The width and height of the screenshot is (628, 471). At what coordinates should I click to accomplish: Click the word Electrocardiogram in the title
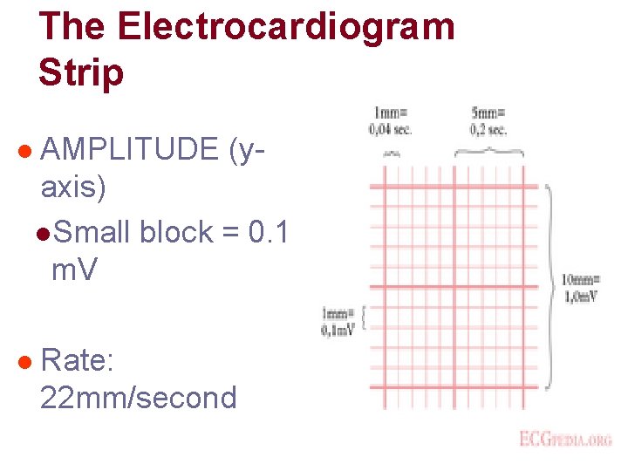click(x=286, y=26)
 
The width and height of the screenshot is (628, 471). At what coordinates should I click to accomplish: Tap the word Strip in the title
click(x=81, y=72)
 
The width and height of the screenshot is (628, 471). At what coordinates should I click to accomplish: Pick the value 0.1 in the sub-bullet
click(x=268, y=232)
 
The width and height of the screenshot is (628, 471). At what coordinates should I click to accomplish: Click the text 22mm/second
click(x=139, y=398)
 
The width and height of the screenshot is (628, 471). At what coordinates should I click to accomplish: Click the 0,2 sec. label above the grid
click(x=488, y=130)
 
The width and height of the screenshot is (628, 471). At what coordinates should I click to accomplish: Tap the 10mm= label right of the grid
click(x=580, y=280)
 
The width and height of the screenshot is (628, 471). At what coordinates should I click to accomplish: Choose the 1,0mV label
click(x=580, y=297)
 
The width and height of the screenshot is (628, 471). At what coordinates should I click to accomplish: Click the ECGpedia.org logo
click(x=565, y=439)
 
